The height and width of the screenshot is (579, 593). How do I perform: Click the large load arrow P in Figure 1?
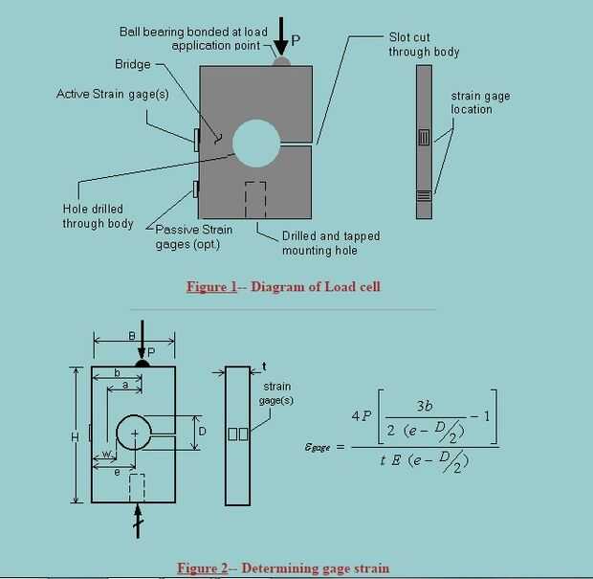pos(280,36)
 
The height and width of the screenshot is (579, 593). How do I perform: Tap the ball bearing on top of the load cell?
pos(281,61)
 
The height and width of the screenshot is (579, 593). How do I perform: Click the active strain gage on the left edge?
pos(196,140)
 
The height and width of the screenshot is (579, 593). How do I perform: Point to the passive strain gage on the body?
pos(195,189)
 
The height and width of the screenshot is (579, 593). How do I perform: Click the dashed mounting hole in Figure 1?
pos(255,200)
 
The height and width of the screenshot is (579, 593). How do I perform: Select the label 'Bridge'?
pos(133,64)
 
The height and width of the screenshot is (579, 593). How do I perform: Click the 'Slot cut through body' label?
pos(424,45)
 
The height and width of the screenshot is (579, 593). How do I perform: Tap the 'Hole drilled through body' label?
pos(98,216)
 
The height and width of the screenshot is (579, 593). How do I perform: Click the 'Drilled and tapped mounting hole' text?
pos(331,243)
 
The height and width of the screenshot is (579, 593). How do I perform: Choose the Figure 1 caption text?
pos(283,286)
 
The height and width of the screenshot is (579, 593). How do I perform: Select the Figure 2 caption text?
pos(283,568)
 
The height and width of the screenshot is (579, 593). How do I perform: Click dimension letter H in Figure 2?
pos(75,437)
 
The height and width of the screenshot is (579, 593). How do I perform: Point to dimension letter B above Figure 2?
pos(132,336)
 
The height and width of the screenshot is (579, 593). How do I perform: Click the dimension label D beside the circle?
pos(203,432)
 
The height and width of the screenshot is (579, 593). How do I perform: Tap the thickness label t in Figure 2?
pos(264,367)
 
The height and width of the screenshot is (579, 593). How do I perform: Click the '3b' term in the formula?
pos(425,406)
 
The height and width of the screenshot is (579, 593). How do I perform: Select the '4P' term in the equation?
pos(362,416)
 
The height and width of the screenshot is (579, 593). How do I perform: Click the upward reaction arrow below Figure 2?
pos(138,521)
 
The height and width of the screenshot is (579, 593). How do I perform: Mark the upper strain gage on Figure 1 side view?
pos(425,138)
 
